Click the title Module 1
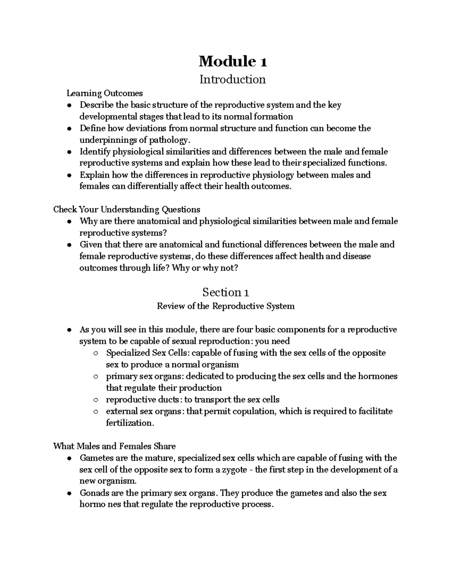click(233, 61)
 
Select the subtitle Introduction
click(232, 79)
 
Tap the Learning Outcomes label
click(105, 93)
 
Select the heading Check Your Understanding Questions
click(127, 209)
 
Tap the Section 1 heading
click(225, 292)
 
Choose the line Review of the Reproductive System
click(225, 306)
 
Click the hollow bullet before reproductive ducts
click(96, 400)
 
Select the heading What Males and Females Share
click(115, 446)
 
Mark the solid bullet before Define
click(69, 129)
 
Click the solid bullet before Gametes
click(69, 458)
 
